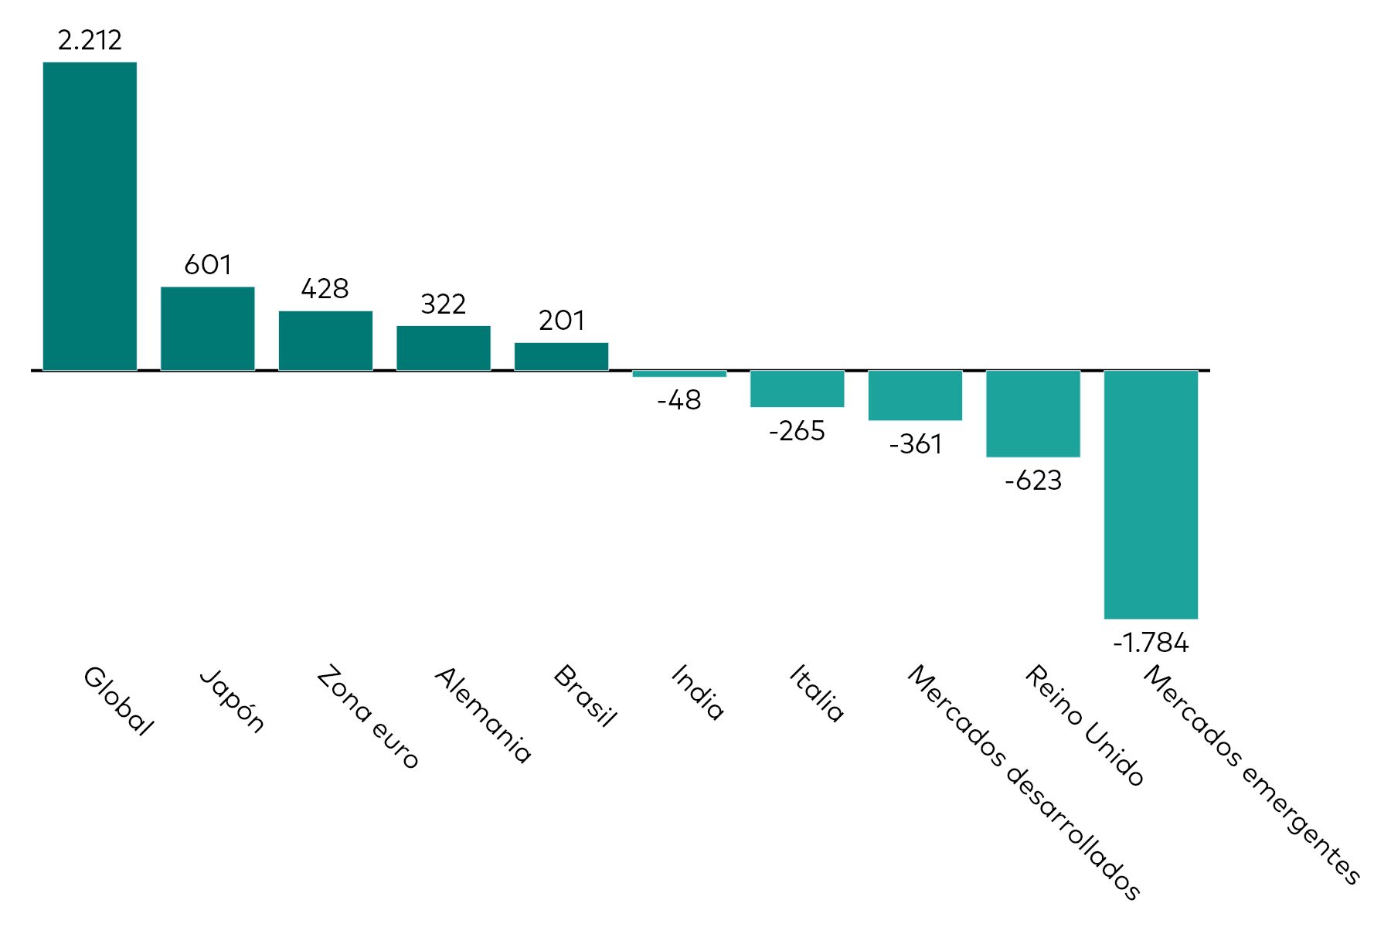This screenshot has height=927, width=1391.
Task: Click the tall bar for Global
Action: tap(90, 216)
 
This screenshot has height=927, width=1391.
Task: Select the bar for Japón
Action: tap(207, 328)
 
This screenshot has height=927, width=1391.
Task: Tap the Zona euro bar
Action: tap(325, 341)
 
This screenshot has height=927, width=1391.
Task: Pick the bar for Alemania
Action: tap(444, 348)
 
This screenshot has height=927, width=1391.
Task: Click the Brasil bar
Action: tap(561, 356)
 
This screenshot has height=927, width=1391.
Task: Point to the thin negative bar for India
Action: tap(679, 374)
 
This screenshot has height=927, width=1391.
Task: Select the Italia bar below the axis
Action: tap(797, 389)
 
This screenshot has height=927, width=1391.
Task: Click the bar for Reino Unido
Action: tap(1032, 413)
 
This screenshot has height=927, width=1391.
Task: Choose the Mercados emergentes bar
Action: tap(1151, 494)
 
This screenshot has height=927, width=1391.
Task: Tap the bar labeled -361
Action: tap(915, 396)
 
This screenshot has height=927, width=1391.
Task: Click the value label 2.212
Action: tap(90, 40)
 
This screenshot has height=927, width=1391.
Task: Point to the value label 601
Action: tap(207, 265)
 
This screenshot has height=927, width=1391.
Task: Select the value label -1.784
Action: tap(1151, 643)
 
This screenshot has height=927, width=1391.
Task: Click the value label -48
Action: tap(679, 400)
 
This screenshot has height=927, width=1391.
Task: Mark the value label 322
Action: tap(444, 304)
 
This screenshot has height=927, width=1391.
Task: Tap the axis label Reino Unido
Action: tap(1083, 725)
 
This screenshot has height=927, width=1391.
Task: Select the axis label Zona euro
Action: tap(368, 717)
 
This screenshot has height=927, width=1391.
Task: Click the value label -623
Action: tap(1032, 480)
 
